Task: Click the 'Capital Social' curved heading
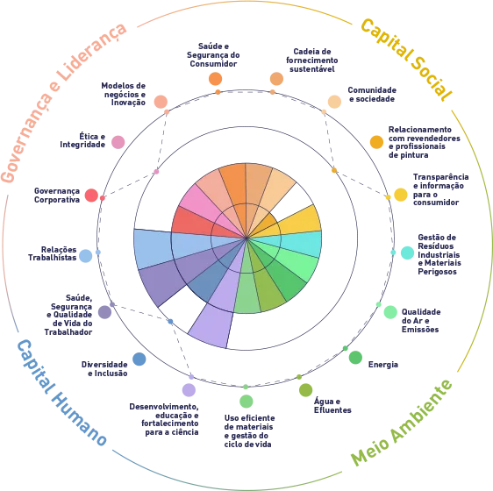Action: [x=406, y=59]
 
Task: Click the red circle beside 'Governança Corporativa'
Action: [x=91, y=196]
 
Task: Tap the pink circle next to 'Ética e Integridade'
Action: [x=118, y=142]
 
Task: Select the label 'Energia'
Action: [x=383, y=365]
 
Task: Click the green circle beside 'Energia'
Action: [x=355, y=358]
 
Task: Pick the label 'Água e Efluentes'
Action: [x=332, y=405]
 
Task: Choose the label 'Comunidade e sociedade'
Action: [x=372, y=95]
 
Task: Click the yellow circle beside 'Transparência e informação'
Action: [x=401, y=195]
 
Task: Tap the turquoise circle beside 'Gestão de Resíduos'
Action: [x=407, y=253]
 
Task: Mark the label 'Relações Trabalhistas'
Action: [x=52, y=253]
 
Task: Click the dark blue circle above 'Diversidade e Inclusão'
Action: [x=139, y=359]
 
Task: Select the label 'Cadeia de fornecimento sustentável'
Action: [x=312, y=60]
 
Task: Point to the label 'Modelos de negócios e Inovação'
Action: [x=123, y=94]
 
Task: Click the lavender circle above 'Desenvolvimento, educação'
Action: [x=189, y=390]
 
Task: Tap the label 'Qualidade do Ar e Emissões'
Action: [x=421, y=321]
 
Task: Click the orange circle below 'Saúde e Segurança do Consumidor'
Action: [x=216, y=79]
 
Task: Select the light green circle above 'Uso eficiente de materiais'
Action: [x=246, y=402]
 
